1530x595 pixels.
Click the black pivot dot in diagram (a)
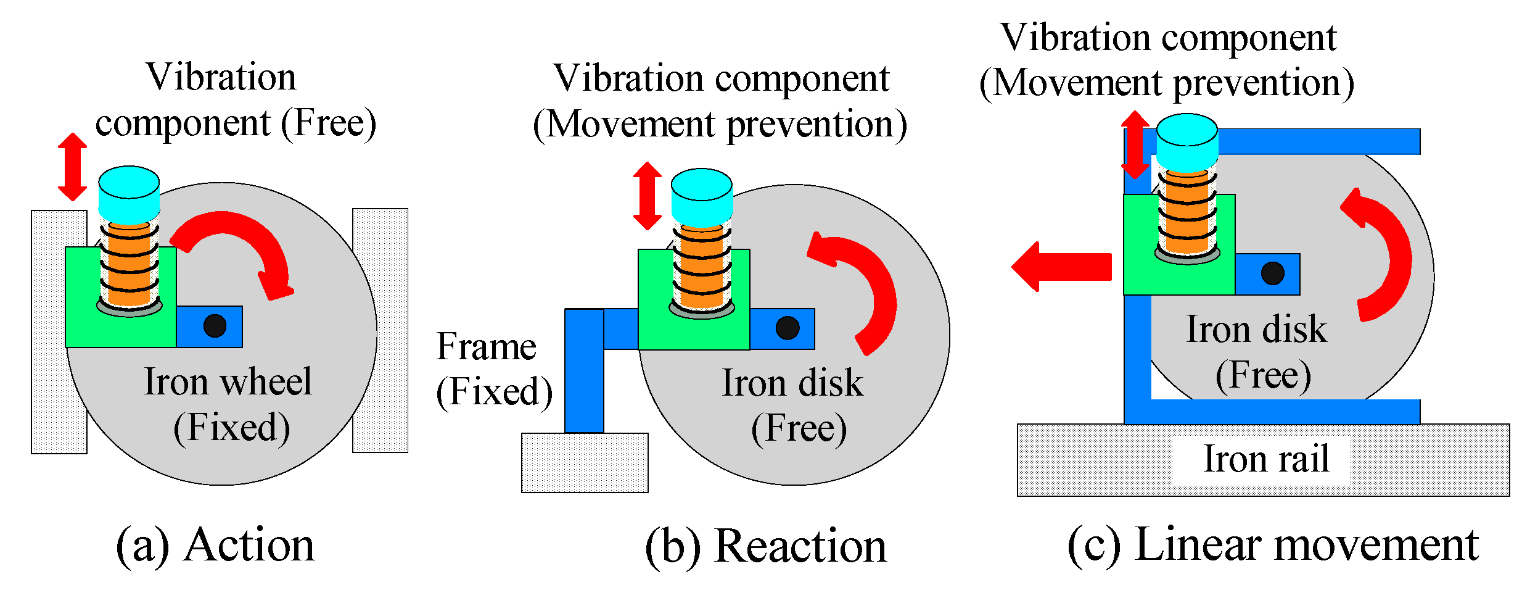(x=215, y=325)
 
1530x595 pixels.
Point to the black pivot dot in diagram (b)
(x=788, y=328)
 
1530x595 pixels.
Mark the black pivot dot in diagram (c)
(x=1273, y=273)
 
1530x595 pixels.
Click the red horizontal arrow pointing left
(x=1062, y=267)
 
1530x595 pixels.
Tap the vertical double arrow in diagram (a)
(x=72, y=167)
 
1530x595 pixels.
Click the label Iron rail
(x=1265, y=459)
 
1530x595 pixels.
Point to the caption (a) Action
(x=215, y=546)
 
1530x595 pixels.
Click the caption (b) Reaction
(x=765, y=547)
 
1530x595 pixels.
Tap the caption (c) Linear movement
(x=1273, y=546)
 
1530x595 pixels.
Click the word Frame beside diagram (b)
(x=486, y=347)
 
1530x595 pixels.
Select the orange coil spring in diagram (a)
(x=130, y=265)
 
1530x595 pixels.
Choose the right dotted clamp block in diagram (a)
(x=380, y=330)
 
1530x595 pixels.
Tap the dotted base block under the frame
(x=584, y=462)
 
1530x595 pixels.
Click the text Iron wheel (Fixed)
(x=228, y=404)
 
